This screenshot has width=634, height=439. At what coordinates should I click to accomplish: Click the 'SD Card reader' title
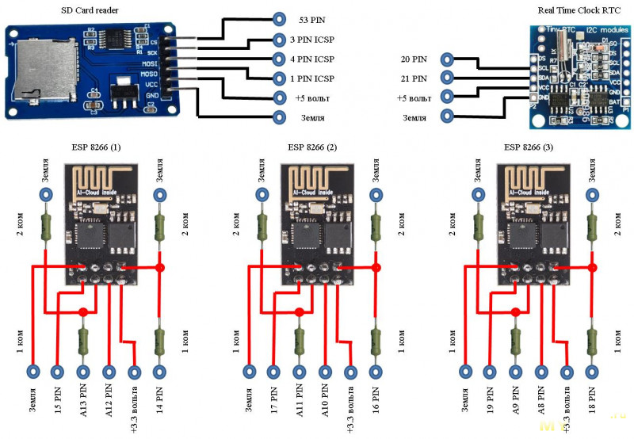(92, 10)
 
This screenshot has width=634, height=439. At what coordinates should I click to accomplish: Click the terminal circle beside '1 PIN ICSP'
(278, 78)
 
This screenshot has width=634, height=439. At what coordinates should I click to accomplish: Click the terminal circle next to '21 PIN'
(448, 78)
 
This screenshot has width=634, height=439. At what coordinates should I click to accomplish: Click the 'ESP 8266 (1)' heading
(94, 148)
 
